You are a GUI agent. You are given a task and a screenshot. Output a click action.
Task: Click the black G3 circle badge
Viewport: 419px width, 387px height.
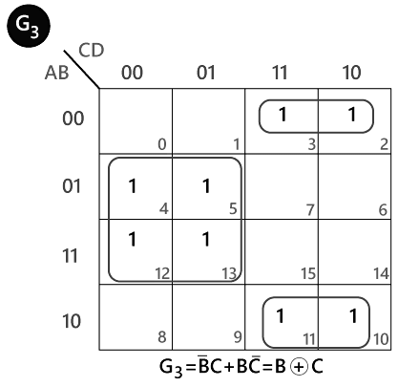coord(29,26)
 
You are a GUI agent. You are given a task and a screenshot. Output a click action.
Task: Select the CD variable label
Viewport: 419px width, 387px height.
coord(91,51)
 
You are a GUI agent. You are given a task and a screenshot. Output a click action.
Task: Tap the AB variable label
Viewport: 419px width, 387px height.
coord(56,73)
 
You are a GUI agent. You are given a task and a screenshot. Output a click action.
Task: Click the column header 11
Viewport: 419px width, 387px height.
coord(280,73)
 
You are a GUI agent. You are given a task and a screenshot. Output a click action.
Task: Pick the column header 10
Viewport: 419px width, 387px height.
coord(351,73)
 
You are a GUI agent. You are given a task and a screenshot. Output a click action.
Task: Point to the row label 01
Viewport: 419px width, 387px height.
coord(72,186)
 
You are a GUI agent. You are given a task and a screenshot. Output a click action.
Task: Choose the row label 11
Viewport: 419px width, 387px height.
coord(70,255)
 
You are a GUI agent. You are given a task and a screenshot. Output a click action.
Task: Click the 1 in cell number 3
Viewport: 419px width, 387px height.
coord(283,115)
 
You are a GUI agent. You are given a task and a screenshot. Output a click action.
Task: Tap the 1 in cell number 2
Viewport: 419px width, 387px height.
coord(352,115)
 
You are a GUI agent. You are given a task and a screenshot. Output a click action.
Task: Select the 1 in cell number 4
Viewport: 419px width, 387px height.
coord(133,186)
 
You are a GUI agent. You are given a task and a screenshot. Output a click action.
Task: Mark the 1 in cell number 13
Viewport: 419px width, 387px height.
coord(206,239)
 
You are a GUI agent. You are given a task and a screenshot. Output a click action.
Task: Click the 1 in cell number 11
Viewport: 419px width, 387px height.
coord(280,316)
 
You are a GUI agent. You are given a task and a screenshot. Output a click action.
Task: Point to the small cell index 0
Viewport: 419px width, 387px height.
coord(162,144)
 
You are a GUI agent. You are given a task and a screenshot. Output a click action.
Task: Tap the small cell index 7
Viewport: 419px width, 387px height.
coord(311,210)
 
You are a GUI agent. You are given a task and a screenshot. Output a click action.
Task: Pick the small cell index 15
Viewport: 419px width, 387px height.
coord(308,274)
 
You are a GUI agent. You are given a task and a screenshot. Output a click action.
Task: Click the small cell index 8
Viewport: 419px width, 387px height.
coord(162,337)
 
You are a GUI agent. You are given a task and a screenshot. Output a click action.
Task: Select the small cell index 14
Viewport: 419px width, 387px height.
coord(381,274)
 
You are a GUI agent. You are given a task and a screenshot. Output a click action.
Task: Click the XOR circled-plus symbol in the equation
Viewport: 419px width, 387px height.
coord(299,367)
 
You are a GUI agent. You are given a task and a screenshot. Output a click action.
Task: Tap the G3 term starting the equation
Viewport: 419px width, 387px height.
coord(171,368)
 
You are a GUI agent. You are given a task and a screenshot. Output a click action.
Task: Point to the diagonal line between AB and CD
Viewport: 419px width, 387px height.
coord(82,69)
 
